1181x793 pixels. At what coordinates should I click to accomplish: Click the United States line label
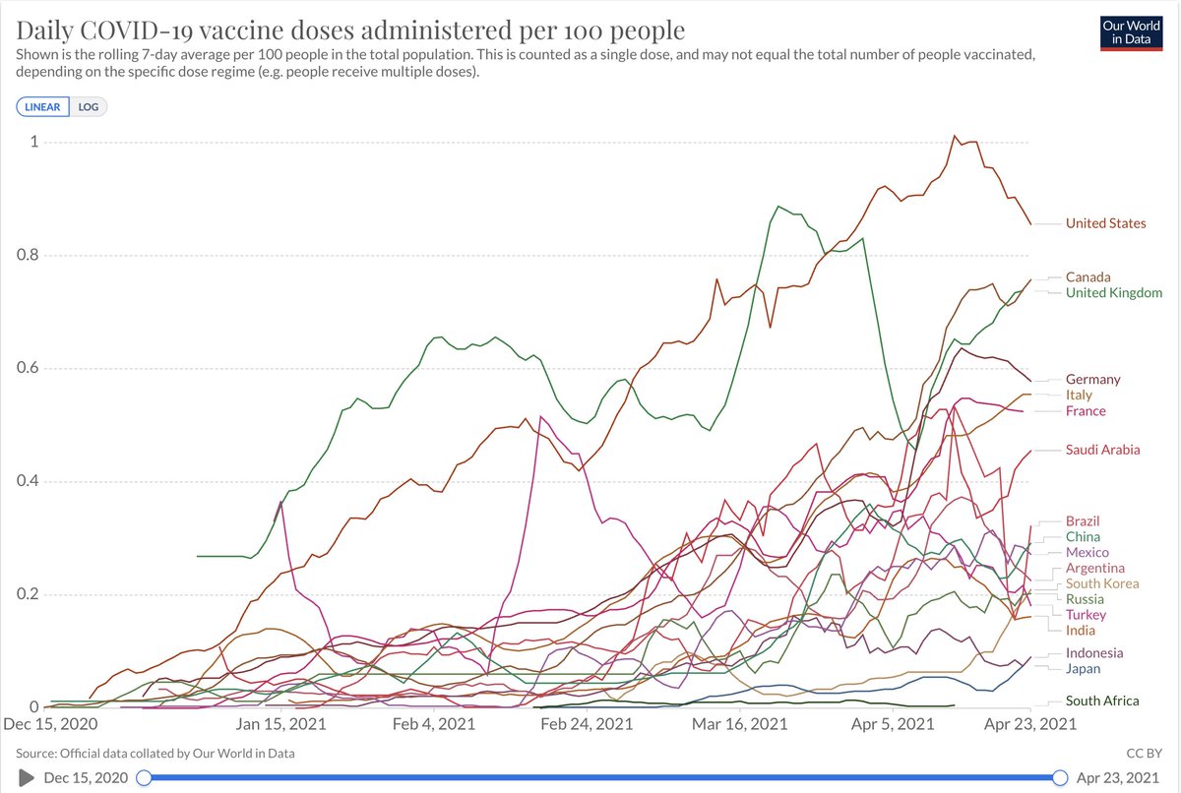pos(1105,223)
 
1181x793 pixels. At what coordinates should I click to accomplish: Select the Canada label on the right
pos(1088,277)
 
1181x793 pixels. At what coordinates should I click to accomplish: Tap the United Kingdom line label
pos(1113,293)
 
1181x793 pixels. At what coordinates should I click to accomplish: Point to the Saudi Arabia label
pos(1102,450)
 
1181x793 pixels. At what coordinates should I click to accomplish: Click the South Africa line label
pos(1102,701)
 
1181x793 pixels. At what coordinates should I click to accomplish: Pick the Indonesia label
pos(1093,653)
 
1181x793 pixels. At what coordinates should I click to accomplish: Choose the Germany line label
pos(1092,380)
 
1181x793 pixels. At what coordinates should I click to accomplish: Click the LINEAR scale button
pos(42,106)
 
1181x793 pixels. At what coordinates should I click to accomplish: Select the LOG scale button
pos(89,106)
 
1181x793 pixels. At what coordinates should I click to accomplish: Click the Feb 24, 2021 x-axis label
pos(587,724)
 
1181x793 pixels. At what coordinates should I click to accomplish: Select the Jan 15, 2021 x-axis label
pos(281,724)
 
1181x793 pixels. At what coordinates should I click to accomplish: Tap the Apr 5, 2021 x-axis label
pos(892,724)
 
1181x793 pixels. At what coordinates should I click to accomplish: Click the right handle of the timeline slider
pos(1060,777)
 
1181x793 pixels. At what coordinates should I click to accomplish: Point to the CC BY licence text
pos(1150,754)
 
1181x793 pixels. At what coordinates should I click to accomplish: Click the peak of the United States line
pos(955,137)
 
